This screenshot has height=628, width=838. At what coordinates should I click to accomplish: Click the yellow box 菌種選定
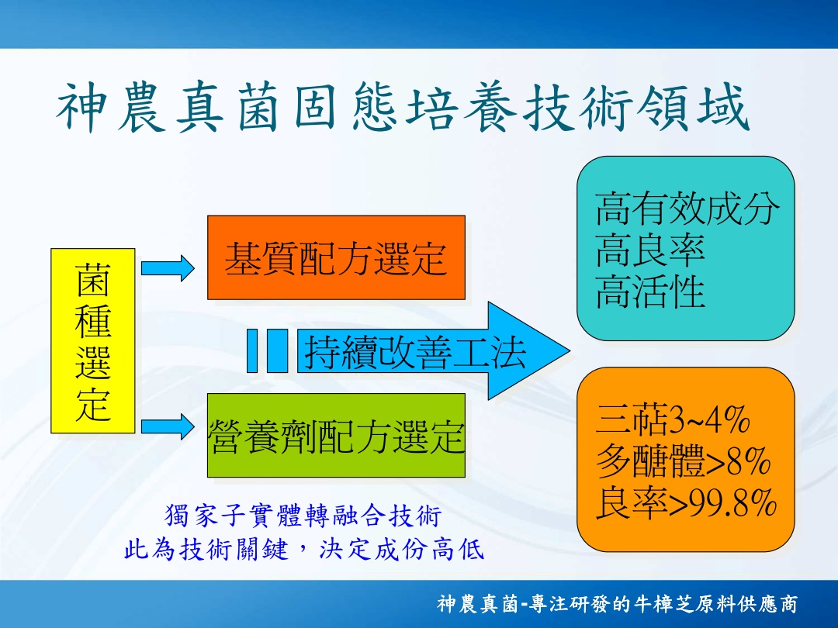[93, 340]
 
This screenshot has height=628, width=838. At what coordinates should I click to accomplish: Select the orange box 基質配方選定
[336, 257]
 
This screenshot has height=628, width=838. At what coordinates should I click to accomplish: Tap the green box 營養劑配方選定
[336, 435]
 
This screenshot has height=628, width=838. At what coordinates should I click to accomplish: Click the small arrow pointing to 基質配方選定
[168, 268]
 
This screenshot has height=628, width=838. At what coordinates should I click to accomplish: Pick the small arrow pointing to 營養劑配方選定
[168, 426]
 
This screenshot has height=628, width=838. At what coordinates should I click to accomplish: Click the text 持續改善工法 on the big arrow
[415, 352]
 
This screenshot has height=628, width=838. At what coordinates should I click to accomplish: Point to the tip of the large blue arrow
[570, 351]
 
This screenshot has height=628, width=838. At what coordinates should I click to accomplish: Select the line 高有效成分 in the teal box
[687, 209]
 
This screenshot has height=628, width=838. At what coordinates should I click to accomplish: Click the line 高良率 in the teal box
[650, 250]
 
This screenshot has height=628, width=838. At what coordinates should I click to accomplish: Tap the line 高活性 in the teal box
[650, 292]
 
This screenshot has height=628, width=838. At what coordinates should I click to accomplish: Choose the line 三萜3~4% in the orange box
[673, 419]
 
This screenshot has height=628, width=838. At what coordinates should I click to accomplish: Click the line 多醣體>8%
[683, 461]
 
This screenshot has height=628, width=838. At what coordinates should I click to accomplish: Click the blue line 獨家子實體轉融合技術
[303, 516]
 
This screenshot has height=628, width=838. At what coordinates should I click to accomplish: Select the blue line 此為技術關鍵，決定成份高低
[304, 549]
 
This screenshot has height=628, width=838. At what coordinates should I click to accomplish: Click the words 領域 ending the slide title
[694, 107]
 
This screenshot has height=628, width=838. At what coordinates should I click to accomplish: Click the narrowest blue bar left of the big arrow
[252, 351]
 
